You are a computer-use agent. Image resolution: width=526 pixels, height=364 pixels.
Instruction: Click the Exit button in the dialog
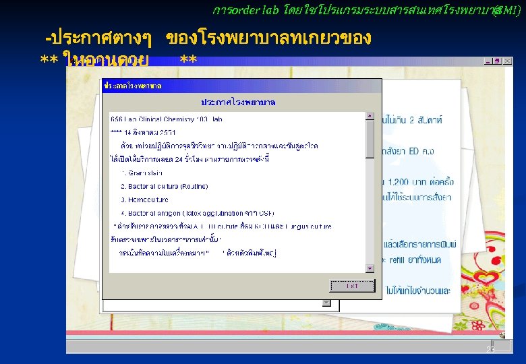click(x=352, y=285)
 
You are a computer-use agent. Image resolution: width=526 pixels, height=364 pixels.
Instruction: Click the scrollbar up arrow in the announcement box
click(x=370, y=116)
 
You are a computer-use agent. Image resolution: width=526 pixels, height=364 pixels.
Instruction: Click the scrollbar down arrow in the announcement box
click(x=370, y=268)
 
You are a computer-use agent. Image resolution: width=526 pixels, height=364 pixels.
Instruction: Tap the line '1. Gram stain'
click(x=138, y=173)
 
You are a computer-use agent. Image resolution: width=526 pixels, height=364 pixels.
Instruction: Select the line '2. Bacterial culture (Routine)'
click(x=154, y=186)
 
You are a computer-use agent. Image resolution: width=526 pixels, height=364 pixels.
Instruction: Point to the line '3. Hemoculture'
click(x=145, y=200)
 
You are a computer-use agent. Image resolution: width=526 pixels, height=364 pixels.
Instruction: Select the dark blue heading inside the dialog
click(x=242, y=102)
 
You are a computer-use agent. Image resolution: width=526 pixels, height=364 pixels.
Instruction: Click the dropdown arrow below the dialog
click(x=326, y=303)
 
